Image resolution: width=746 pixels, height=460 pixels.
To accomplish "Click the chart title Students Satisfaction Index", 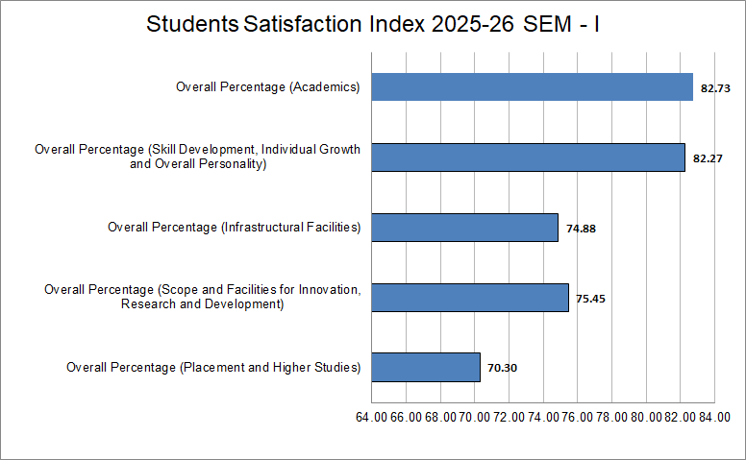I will pyautogui.click(x=373, y=24).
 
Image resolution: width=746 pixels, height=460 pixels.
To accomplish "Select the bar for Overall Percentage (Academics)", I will pyautogui.click(x=532, y=87).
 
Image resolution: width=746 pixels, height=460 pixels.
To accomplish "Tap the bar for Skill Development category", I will pyautogui.click(x=528, y=157).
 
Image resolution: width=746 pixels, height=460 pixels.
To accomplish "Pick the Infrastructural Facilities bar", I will pyautogui.click(x=464, y=228).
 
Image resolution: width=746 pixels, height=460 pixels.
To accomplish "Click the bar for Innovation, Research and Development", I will pyautogui.click(x=470, y=298).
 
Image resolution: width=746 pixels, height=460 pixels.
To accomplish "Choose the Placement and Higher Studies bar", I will pyautogui.click(x=426, y=367).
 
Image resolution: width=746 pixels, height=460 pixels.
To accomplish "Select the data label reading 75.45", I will pyautogui.click(x=590, y=299).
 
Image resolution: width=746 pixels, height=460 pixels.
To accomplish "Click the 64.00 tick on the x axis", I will pyautogui.click(x=371, y=417).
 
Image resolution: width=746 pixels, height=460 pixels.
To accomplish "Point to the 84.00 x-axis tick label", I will pyautogui.click(x=714, y=417).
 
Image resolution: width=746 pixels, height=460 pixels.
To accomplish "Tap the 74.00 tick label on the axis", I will pyautogui.click(x=543, y=417).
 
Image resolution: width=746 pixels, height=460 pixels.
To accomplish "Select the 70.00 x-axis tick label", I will pyautogui.click(x=474, y=417).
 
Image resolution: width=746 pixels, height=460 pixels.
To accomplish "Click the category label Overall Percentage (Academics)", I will pyautogui.click(x=267, y=87).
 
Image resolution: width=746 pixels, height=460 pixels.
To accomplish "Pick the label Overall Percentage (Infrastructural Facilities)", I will pyautogui.click(x=234, y=228).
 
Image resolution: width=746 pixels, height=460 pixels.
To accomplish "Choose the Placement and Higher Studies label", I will pyautogui.click(x=213, y=367).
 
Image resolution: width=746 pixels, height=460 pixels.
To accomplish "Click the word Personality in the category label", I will pyautogui.click(x=232, y=164).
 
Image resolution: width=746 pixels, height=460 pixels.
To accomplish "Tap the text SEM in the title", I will pyautogui.click(x=546, y=24).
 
